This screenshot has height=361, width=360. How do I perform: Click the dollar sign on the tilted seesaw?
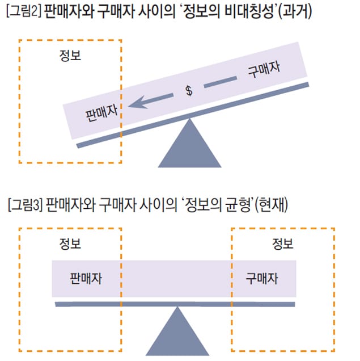tap(189, 92)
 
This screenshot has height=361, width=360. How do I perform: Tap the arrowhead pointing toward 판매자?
tap(134, 104)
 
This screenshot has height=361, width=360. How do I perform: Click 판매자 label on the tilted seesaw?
tap(101, 111)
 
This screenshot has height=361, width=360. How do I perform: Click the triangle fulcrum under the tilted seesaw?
tap(189, 145)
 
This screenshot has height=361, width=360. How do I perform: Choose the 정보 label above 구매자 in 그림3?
tap(282, 245)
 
